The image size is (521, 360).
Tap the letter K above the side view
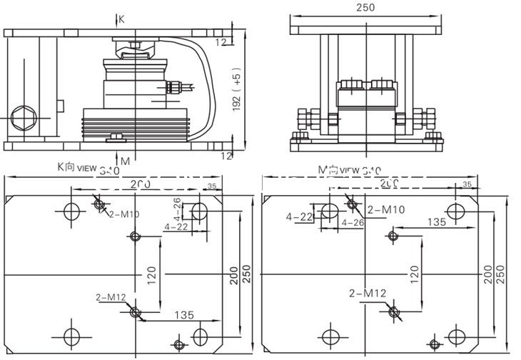[121, 20]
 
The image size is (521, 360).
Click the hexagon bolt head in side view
[21, 116]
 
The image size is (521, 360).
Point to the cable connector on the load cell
[173, 88]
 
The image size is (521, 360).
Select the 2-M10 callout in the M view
[386, 209]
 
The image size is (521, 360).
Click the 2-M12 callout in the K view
[110, 296]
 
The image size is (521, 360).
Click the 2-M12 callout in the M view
[368, 294]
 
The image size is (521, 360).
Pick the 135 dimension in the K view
[183, 315]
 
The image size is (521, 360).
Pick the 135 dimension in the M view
[436, 222]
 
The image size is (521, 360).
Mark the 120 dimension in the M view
[415, 273]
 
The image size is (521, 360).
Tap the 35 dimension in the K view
[211, 186]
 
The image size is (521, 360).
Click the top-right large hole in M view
[456, 211]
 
